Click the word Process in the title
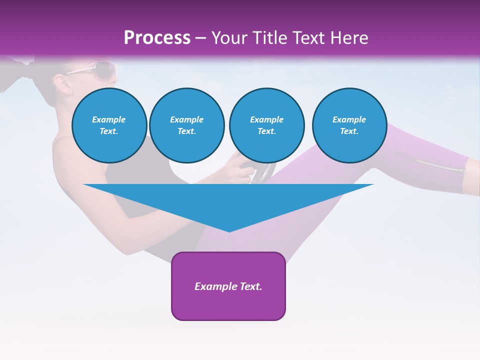tap(157, 38)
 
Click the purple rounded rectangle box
tap(228, 305)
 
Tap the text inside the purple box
tap(228, 286)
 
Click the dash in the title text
tap(201, 38)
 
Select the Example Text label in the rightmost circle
tap(349, 125)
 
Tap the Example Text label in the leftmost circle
tap(109, 125)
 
